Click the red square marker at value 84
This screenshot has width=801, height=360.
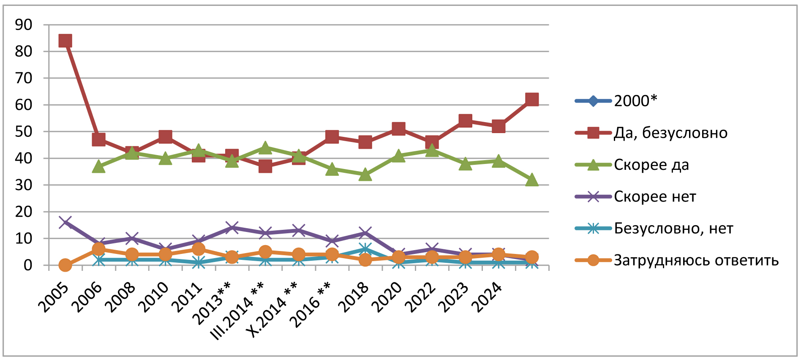(65, 41)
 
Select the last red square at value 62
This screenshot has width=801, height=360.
(532, 100)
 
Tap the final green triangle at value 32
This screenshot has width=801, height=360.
(532, 180)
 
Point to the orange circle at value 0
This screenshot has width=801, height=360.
(65, 265)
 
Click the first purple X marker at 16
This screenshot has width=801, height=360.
(65, 222)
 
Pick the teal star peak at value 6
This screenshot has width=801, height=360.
(365, 249)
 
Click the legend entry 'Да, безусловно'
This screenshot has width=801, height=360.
(670, 133)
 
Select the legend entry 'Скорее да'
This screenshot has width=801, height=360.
(651, 165)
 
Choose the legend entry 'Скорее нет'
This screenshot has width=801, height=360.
(654, 196)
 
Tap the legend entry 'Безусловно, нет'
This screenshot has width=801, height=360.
(673, 229)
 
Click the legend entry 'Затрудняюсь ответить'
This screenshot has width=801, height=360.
(696, 260)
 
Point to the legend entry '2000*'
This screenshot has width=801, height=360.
(635, 101)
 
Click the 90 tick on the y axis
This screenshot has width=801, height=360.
(24, 25)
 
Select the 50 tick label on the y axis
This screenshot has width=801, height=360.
(24, 131)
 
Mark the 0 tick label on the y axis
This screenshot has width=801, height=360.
(28, 265)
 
